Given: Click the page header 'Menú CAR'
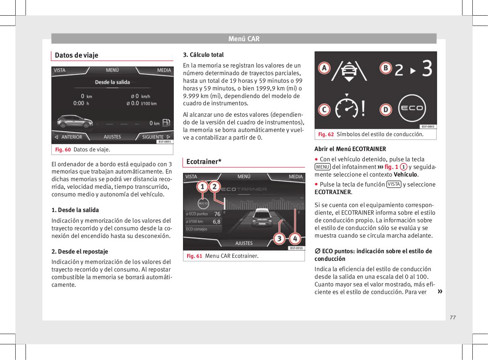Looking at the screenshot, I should tap(244, 39).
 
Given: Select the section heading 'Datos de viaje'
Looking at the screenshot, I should tap(77, 55).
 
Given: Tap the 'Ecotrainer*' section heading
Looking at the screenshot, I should tap(204, 162).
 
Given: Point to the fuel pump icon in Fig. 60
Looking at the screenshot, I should tap(166, 123).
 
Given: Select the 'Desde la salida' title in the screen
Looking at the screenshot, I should tap(112, 82).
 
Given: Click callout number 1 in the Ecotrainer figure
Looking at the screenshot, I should tap(203, 187).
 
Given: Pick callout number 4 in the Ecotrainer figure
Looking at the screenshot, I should tap(294, 239).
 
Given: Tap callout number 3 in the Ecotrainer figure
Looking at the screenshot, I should tap(279, 239).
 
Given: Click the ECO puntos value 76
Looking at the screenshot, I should tap(217, 214).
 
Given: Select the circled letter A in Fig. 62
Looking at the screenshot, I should tap(324, 68).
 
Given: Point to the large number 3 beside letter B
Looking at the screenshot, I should tap(427, 69).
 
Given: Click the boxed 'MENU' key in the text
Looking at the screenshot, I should tap(323, 167).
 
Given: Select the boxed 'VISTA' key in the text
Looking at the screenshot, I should tap(393, 184).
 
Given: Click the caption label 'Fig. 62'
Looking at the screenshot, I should tap(326, 134).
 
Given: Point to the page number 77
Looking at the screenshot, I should tap(453, 317).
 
